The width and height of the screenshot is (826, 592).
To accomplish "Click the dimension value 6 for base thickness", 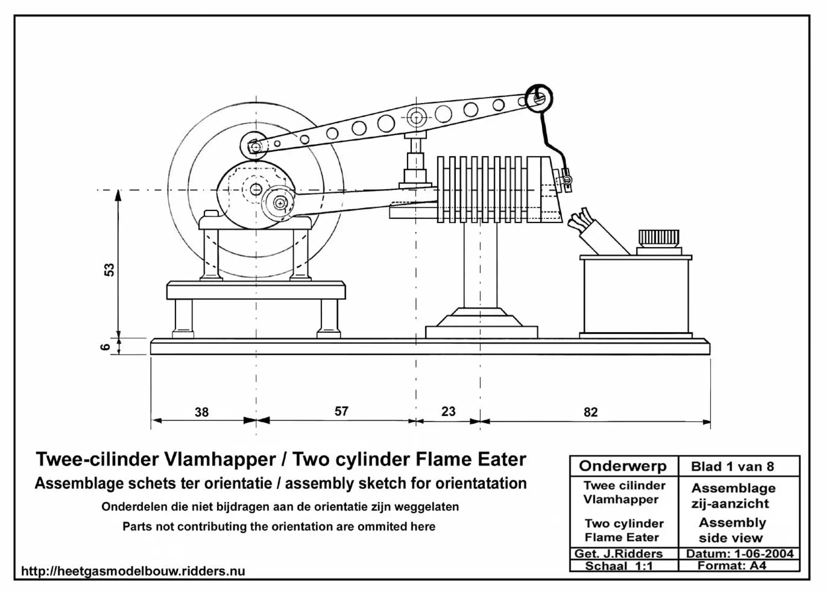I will [x=105, y=346].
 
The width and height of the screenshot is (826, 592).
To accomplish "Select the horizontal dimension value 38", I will [x=202, y=412].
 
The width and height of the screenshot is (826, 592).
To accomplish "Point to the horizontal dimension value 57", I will [x=341, y=411].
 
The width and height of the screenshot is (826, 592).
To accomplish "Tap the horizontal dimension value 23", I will [x=448, y=411].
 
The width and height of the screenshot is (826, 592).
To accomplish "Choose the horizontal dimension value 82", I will [x=590, y=412].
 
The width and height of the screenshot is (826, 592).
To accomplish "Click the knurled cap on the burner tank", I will [x=659, y=238].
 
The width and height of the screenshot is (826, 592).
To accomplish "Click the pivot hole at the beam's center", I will [x=416, y=118].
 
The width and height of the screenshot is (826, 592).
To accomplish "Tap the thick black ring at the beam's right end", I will [x=539, y=98].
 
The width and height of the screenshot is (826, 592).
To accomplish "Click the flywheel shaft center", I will [x=256, y=189].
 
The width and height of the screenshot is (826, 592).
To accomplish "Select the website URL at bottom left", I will [x=133, y=571].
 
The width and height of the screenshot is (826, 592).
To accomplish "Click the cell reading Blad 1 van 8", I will [x=732, y=467].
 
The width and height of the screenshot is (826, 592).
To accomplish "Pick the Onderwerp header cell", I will [x=623, y=466].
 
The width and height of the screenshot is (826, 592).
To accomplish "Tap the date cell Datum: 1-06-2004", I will [x=739, y=553].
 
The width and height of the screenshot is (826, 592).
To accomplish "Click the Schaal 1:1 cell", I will [x=619, y=566].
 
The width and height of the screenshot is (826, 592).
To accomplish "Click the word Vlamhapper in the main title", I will [x=219, y=459].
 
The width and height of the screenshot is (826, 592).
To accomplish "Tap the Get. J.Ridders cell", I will [x=618, y=553].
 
